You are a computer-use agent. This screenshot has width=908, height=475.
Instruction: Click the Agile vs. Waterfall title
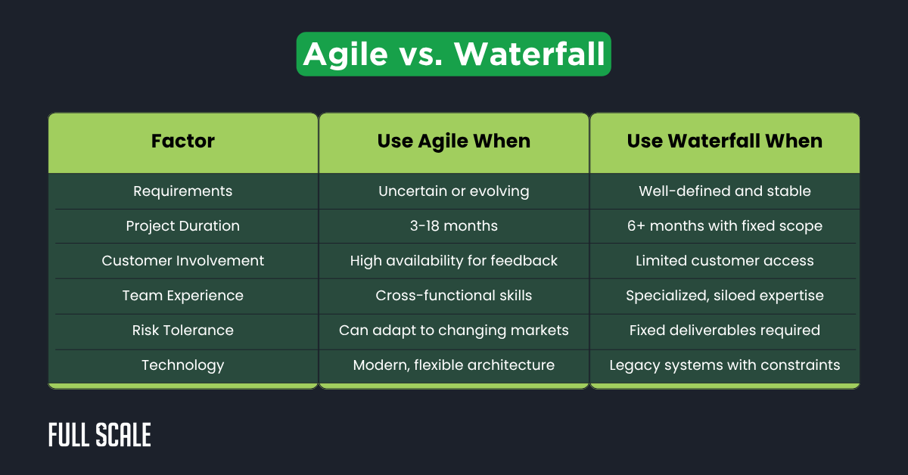453,54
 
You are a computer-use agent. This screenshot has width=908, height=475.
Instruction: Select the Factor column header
183,141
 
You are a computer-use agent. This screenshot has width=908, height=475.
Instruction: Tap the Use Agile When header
454,141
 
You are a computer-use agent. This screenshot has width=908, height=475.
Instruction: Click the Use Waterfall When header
724,141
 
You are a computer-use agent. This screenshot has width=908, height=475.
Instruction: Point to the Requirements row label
183,191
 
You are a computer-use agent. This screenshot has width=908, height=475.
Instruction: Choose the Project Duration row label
183,226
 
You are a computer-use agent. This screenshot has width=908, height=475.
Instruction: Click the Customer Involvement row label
183,261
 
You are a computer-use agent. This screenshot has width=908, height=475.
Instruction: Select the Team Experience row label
183,296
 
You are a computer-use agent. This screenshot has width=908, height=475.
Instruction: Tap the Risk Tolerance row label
183,331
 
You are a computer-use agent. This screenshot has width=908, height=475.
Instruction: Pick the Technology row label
183,365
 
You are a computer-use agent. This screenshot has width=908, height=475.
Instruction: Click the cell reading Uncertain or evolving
454,191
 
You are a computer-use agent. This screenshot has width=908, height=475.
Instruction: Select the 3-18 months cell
454,226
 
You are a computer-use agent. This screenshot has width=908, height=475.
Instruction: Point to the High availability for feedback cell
454,261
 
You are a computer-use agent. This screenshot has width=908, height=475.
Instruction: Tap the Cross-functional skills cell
454,296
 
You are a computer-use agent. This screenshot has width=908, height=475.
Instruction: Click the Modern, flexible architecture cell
454,365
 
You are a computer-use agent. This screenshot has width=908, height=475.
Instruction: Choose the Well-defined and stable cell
724,191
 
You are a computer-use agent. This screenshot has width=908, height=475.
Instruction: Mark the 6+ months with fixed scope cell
724,226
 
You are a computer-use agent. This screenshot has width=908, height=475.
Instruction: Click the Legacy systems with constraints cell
724,365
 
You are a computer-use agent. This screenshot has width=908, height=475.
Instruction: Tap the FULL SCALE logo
100,435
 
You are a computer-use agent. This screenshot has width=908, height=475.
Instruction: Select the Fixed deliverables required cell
724,331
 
